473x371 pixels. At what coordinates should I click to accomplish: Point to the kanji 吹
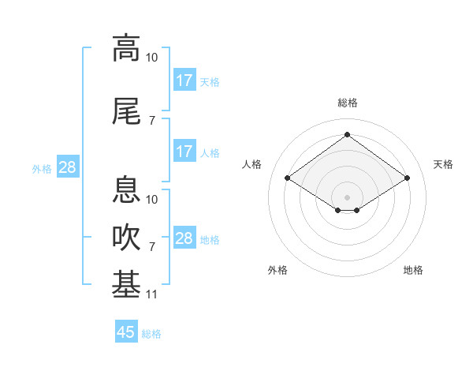126,238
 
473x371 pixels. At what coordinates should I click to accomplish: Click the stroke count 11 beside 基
152,294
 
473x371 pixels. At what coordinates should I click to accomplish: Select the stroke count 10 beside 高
152,58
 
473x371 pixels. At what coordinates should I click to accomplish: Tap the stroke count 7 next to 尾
152,121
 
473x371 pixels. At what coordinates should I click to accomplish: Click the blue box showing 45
126,332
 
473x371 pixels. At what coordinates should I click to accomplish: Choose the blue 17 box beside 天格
184,81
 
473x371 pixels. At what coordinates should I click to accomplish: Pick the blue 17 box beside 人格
184,152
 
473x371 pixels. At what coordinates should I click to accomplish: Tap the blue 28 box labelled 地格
184,238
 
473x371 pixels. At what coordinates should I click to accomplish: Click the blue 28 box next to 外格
67,167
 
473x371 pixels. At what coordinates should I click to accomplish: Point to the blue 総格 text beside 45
151,334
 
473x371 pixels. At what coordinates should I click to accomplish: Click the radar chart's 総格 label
347,103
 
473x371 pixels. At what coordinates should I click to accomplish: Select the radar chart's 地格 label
413,270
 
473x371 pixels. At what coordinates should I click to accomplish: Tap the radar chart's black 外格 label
277,270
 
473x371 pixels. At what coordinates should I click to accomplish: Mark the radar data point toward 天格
407,178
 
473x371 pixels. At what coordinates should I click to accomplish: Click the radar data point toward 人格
287,178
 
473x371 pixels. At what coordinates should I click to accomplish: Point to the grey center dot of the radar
347,197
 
